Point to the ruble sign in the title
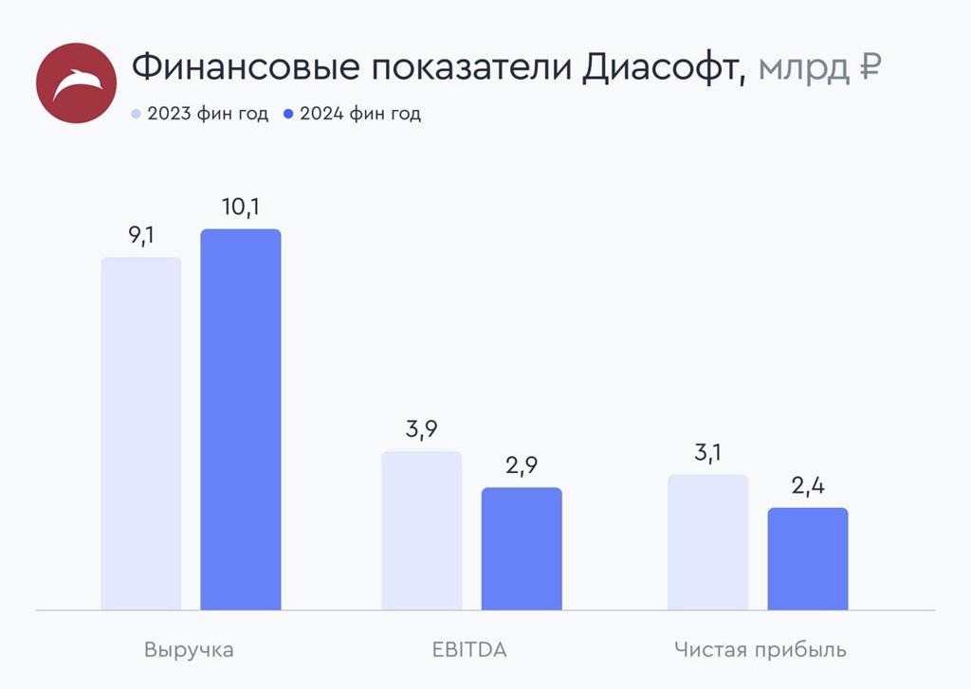(x=870, y=68)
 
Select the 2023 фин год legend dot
(x=136, y=114)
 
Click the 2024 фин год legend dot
(x=289, y=114)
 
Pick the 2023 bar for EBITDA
(x=422, y=531)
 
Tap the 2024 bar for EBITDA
(x=522, y=549)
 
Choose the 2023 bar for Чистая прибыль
(x=707, y=542)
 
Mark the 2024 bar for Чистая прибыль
(x=808, y=559)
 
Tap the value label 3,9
(x=421, y=429)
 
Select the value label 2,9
(x=522, y=466)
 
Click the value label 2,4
(x=808, y=486)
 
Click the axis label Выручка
(x=189, y=650)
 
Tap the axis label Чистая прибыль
(x=760, y=650)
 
